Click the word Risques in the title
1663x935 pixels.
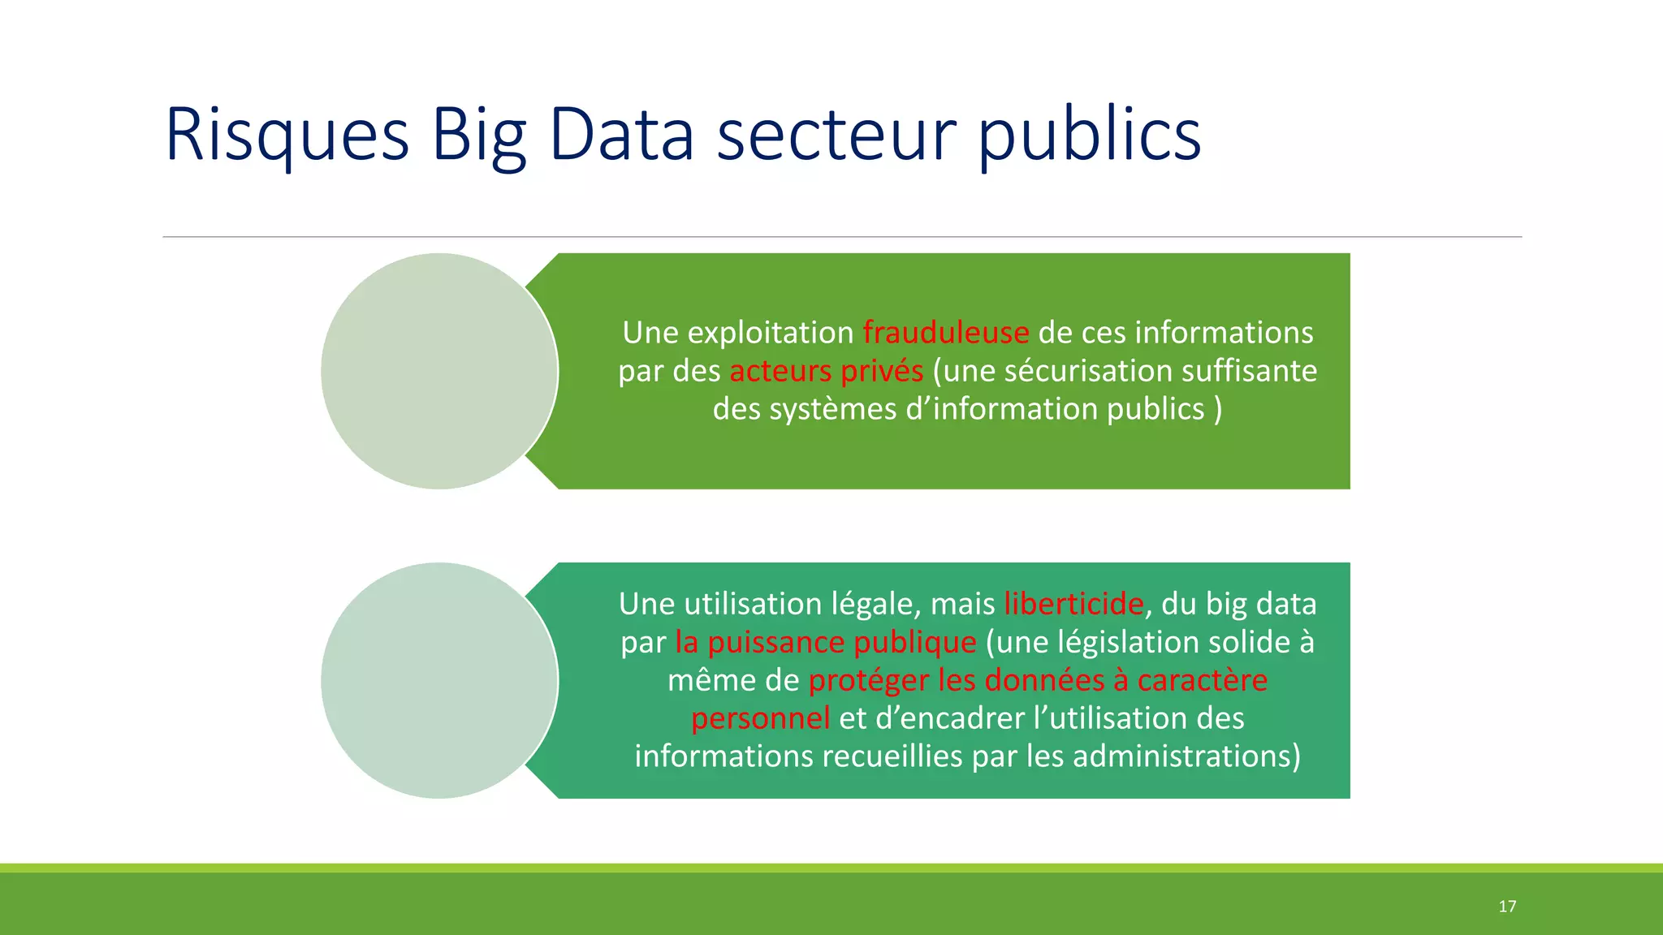point(287,135)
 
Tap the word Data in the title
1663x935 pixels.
point(621,135)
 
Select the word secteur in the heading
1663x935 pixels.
point(836,135)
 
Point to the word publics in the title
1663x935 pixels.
point(1089,135)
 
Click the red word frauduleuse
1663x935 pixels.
point(945,333)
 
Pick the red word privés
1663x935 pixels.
point(882,371)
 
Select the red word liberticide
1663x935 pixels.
point(1073,604)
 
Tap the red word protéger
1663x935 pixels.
point(868,680)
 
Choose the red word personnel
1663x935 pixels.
point(760,718)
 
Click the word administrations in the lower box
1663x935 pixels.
point(1186,756)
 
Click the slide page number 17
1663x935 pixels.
point(1507,907)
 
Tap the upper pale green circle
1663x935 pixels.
point(439,371)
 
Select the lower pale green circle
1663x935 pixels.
point(439,680)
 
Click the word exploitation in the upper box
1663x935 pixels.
point(770,333)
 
